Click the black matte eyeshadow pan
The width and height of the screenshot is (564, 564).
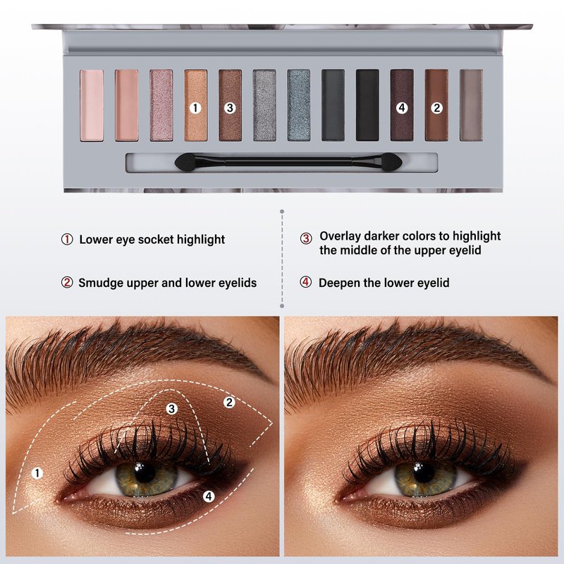pyautogui.click(x=367, y=105)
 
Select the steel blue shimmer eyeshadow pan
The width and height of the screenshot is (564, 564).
pyautogui.click(x=298, y=105)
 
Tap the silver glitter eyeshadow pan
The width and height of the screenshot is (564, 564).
pyautogui.click(x=264, y=105)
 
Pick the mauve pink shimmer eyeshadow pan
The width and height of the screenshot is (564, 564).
pyautogui.click(x=161, y=105)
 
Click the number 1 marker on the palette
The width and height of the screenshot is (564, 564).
pyautogui.click(x=195, y=108)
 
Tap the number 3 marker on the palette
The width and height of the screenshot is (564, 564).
pyautogui.click(x=230, y=108)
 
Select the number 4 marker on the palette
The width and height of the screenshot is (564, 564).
pyautogui.click(x=402, y=108)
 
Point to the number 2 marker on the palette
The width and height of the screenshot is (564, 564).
pyautogui.click(x=436, y=108)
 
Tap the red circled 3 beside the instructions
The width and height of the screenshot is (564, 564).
pyautogui.click(x=306, y=238)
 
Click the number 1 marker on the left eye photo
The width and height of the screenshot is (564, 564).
pyautogui.click(x=37, y=473)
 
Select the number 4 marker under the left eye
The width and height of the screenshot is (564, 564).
pyautogui.click(x=209, y=496)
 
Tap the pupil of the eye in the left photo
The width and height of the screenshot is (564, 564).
pyautogui.click(x=145, y=472)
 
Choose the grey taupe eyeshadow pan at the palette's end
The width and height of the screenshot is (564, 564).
pyautogui.click(x=471, y=105)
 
